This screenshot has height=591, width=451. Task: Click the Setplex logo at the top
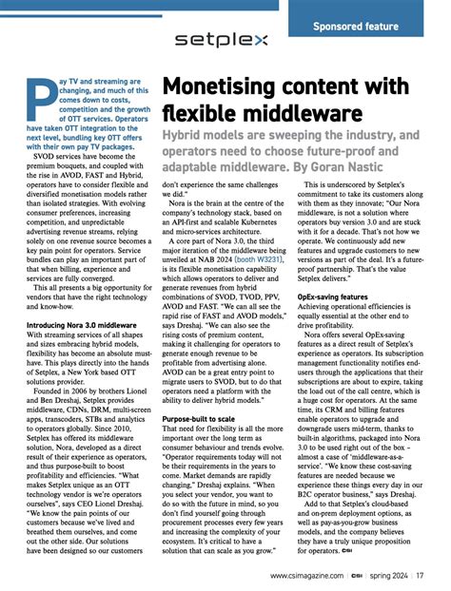tap(222, 40)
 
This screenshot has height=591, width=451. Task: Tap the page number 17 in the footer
tap(419, 576)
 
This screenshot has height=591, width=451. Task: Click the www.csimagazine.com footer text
tap(310, 576)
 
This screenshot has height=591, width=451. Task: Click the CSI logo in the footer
tap(355, 576)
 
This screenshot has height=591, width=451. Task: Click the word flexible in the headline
tap(198, 116)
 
